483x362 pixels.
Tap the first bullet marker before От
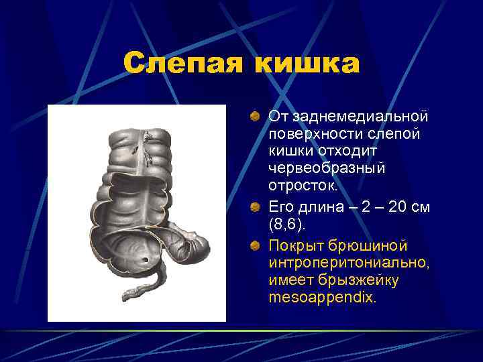click(255, 117)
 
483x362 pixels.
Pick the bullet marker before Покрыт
click(255, 247)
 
